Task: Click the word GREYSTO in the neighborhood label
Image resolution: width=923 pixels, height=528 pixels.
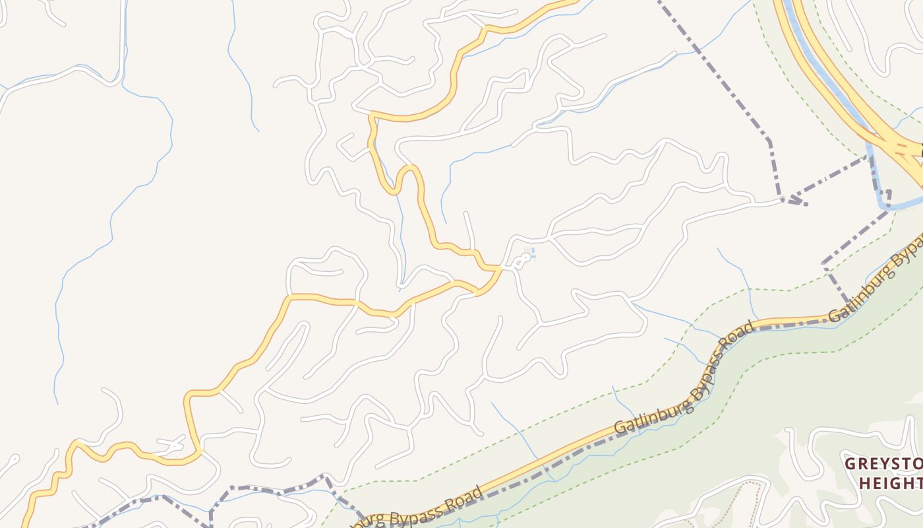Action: pos(883,463)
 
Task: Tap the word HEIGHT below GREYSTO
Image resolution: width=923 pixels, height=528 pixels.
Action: pos(890,484)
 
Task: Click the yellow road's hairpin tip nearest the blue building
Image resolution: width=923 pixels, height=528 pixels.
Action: pos(494,269)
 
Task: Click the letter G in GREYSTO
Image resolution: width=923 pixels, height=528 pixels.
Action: pos(850,463)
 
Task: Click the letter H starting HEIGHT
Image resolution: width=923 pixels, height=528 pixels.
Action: pos(864,484)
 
